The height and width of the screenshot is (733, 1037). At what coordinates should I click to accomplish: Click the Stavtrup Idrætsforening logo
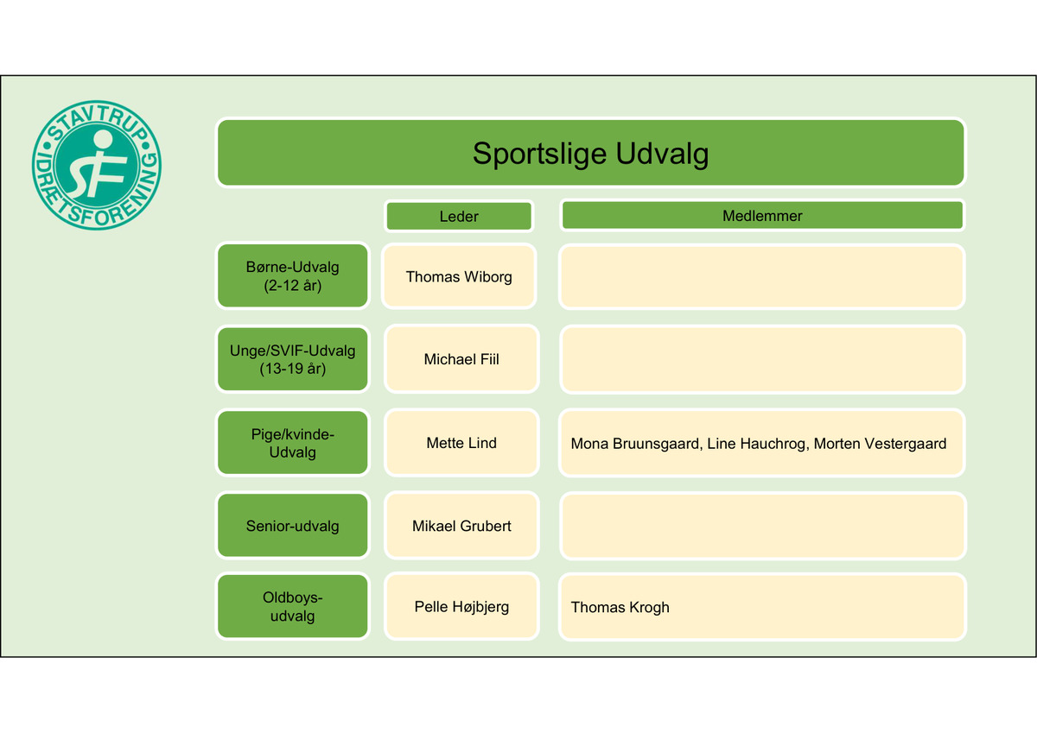(97, 164)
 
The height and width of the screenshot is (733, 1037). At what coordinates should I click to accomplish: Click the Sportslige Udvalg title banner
(590, 153)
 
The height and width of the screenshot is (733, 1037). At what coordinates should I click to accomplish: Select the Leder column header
(458, 216)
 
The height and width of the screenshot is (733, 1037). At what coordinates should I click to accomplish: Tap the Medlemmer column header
(762, 216)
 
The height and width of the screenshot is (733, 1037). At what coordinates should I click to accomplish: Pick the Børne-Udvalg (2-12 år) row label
(292, 276)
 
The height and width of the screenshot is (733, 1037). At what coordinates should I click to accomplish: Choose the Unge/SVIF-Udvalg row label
(292, 359)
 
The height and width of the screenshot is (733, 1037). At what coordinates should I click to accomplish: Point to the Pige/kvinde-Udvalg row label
(292, 443)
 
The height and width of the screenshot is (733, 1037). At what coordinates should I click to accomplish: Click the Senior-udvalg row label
(292, 526)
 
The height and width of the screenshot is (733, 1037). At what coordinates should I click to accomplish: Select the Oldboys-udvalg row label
(292, 607)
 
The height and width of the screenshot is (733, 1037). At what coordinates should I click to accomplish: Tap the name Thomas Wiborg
(459, 276)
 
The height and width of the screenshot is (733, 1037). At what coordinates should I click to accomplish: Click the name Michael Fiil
(461, 359)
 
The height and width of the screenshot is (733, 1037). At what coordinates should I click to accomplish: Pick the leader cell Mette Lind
(461, 443)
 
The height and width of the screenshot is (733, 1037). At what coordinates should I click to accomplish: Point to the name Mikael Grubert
(461, 526)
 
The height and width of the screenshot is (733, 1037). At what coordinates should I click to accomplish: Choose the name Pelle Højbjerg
(461, 607)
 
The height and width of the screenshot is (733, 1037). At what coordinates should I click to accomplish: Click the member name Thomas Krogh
(620, 608)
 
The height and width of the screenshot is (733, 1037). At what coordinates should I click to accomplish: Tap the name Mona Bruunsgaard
(634, 444)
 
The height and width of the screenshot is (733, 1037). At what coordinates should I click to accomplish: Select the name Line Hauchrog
(756, 444)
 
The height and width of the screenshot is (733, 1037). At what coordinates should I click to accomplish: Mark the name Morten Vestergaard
(880, 444)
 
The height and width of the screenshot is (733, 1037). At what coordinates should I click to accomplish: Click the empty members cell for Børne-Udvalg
(762, 276)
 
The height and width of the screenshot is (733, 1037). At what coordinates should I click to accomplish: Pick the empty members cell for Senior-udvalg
(762, 526)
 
